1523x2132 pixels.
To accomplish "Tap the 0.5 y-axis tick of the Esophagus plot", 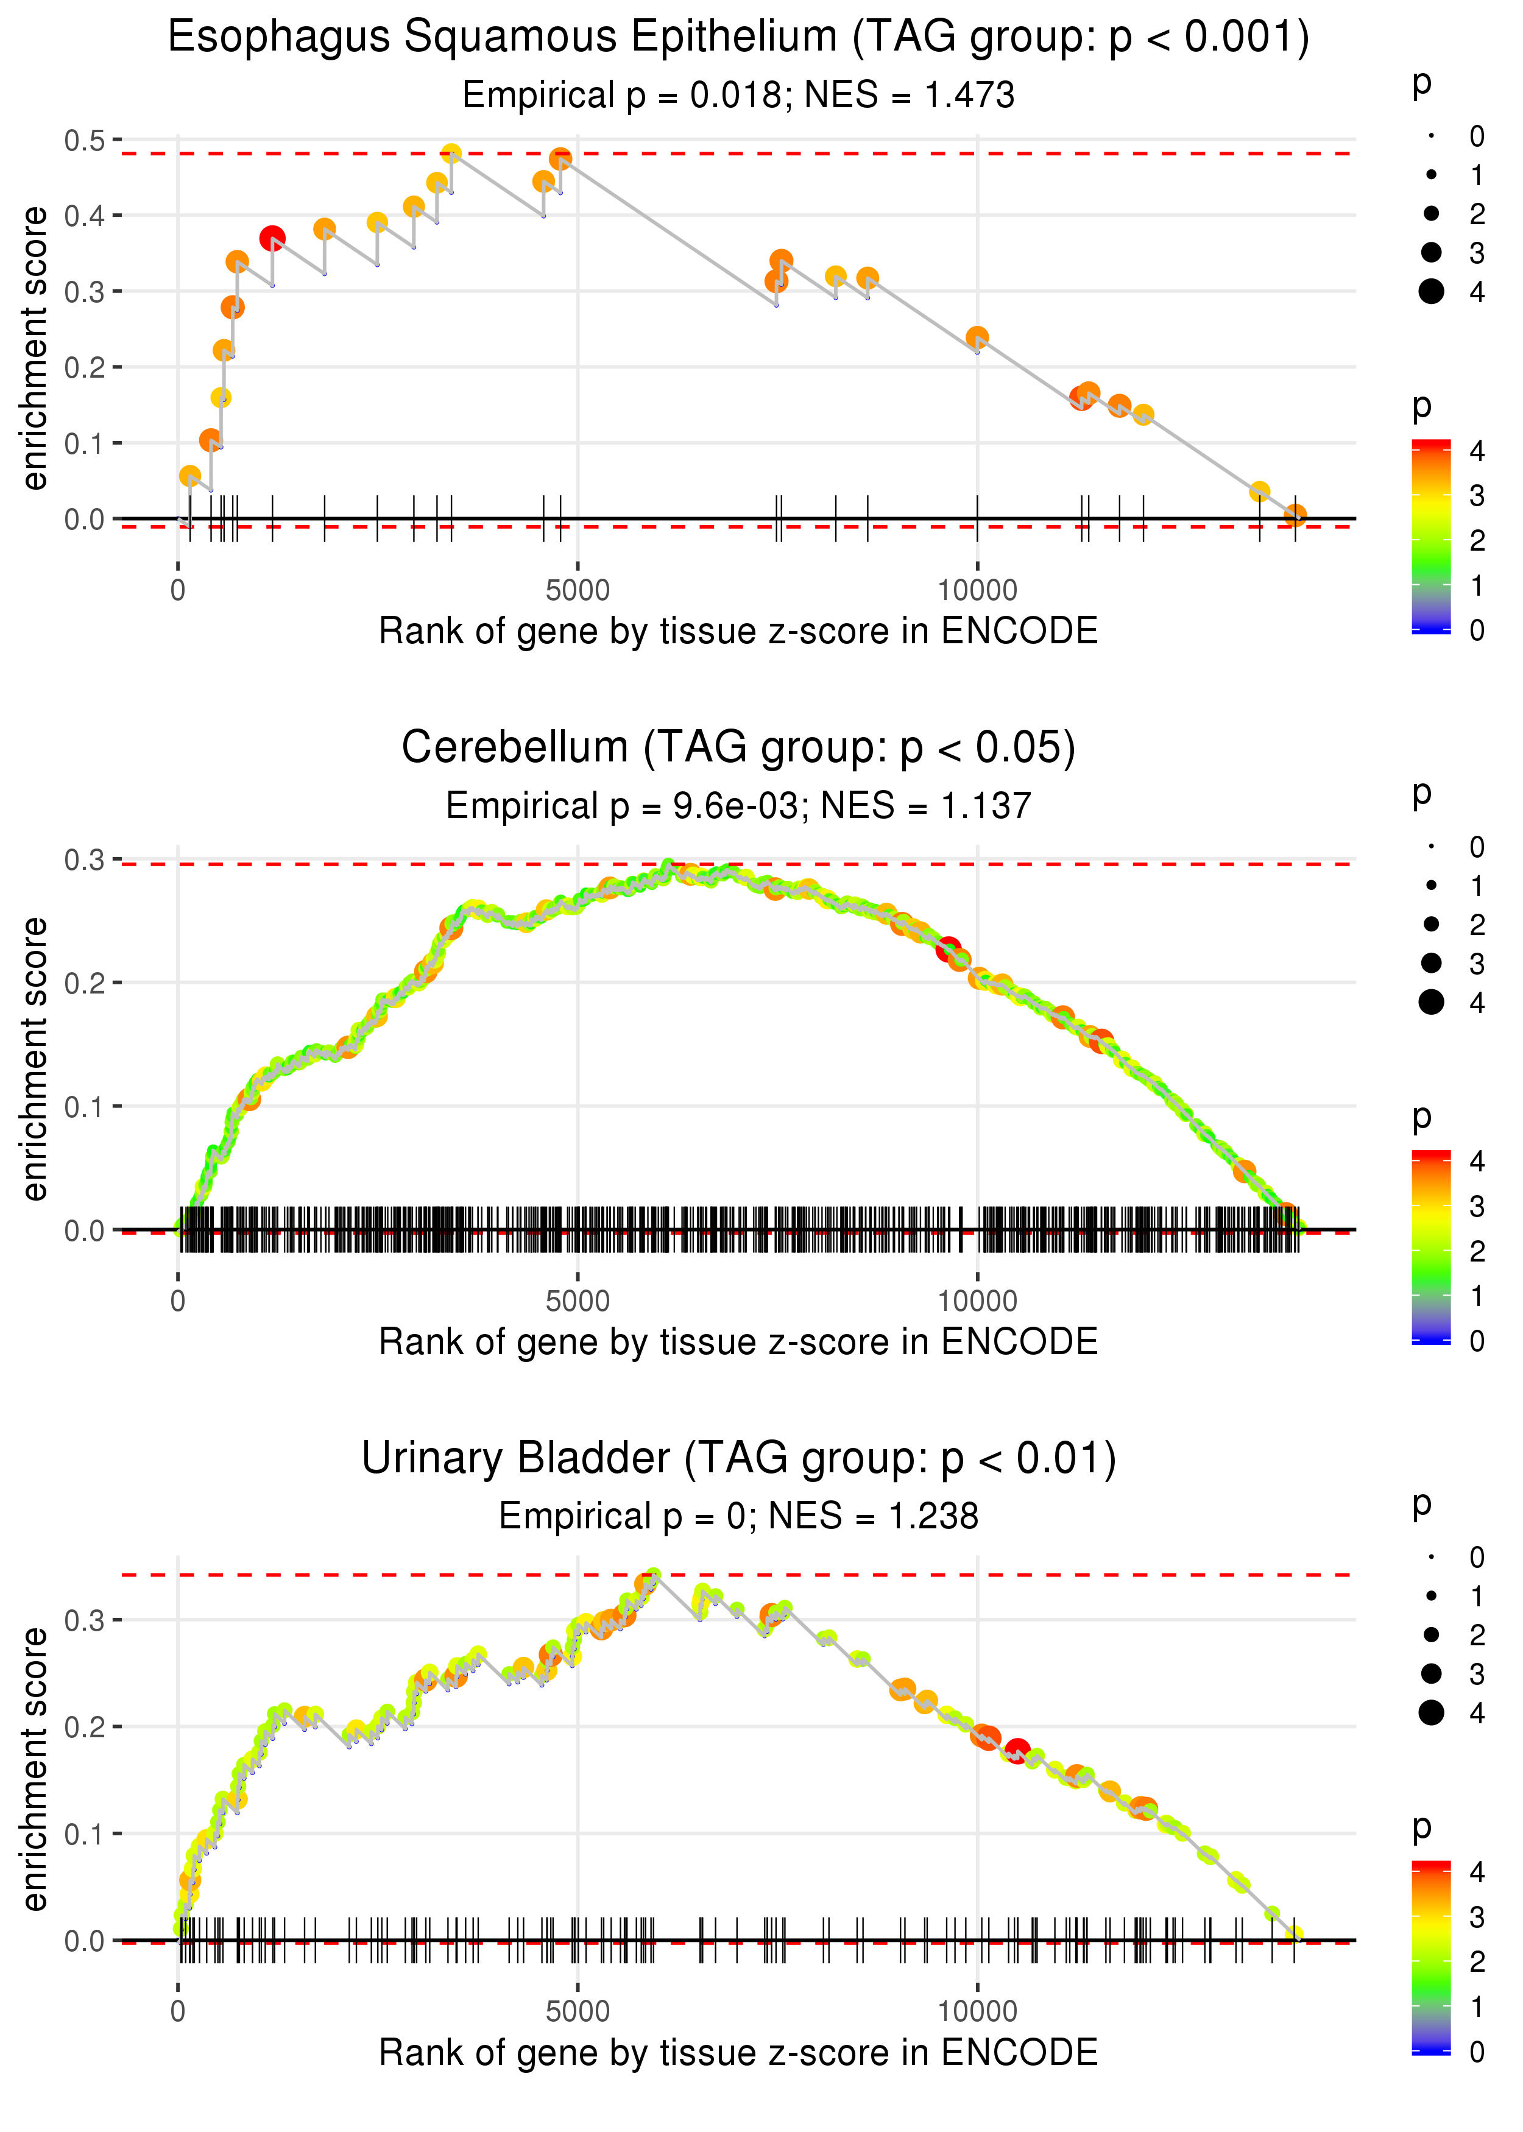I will click(x=85, y=141).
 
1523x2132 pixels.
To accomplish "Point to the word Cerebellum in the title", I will click(x=514, y=748).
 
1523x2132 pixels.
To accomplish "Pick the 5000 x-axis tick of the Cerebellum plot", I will click(x=577, y=1301).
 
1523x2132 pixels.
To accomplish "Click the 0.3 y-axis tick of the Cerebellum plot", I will click(x=85, y=860).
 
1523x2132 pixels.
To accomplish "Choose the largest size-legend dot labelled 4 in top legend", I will click(x=1431, y=292).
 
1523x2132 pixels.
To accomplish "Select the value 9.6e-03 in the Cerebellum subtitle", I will click(x=735, y=807).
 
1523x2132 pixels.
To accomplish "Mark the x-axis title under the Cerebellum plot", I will click(x=738, y=1342).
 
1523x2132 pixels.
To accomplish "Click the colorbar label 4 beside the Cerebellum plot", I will click(x=1477, y=1162).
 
